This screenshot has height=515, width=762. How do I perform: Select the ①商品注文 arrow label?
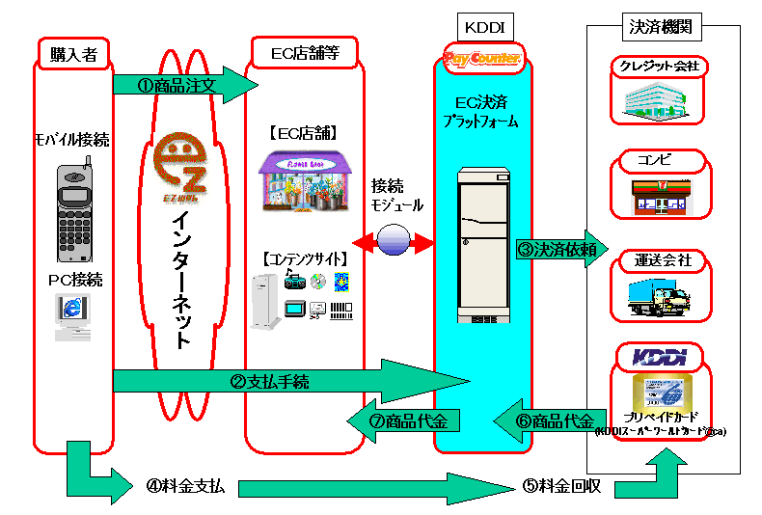[182, 85]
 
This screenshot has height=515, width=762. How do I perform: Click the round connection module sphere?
[395, 240]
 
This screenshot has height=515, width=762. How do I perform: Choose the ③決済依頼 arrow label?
[557, 247]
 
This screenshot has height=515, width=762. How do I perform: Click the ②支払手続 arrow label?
[270, 381]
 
